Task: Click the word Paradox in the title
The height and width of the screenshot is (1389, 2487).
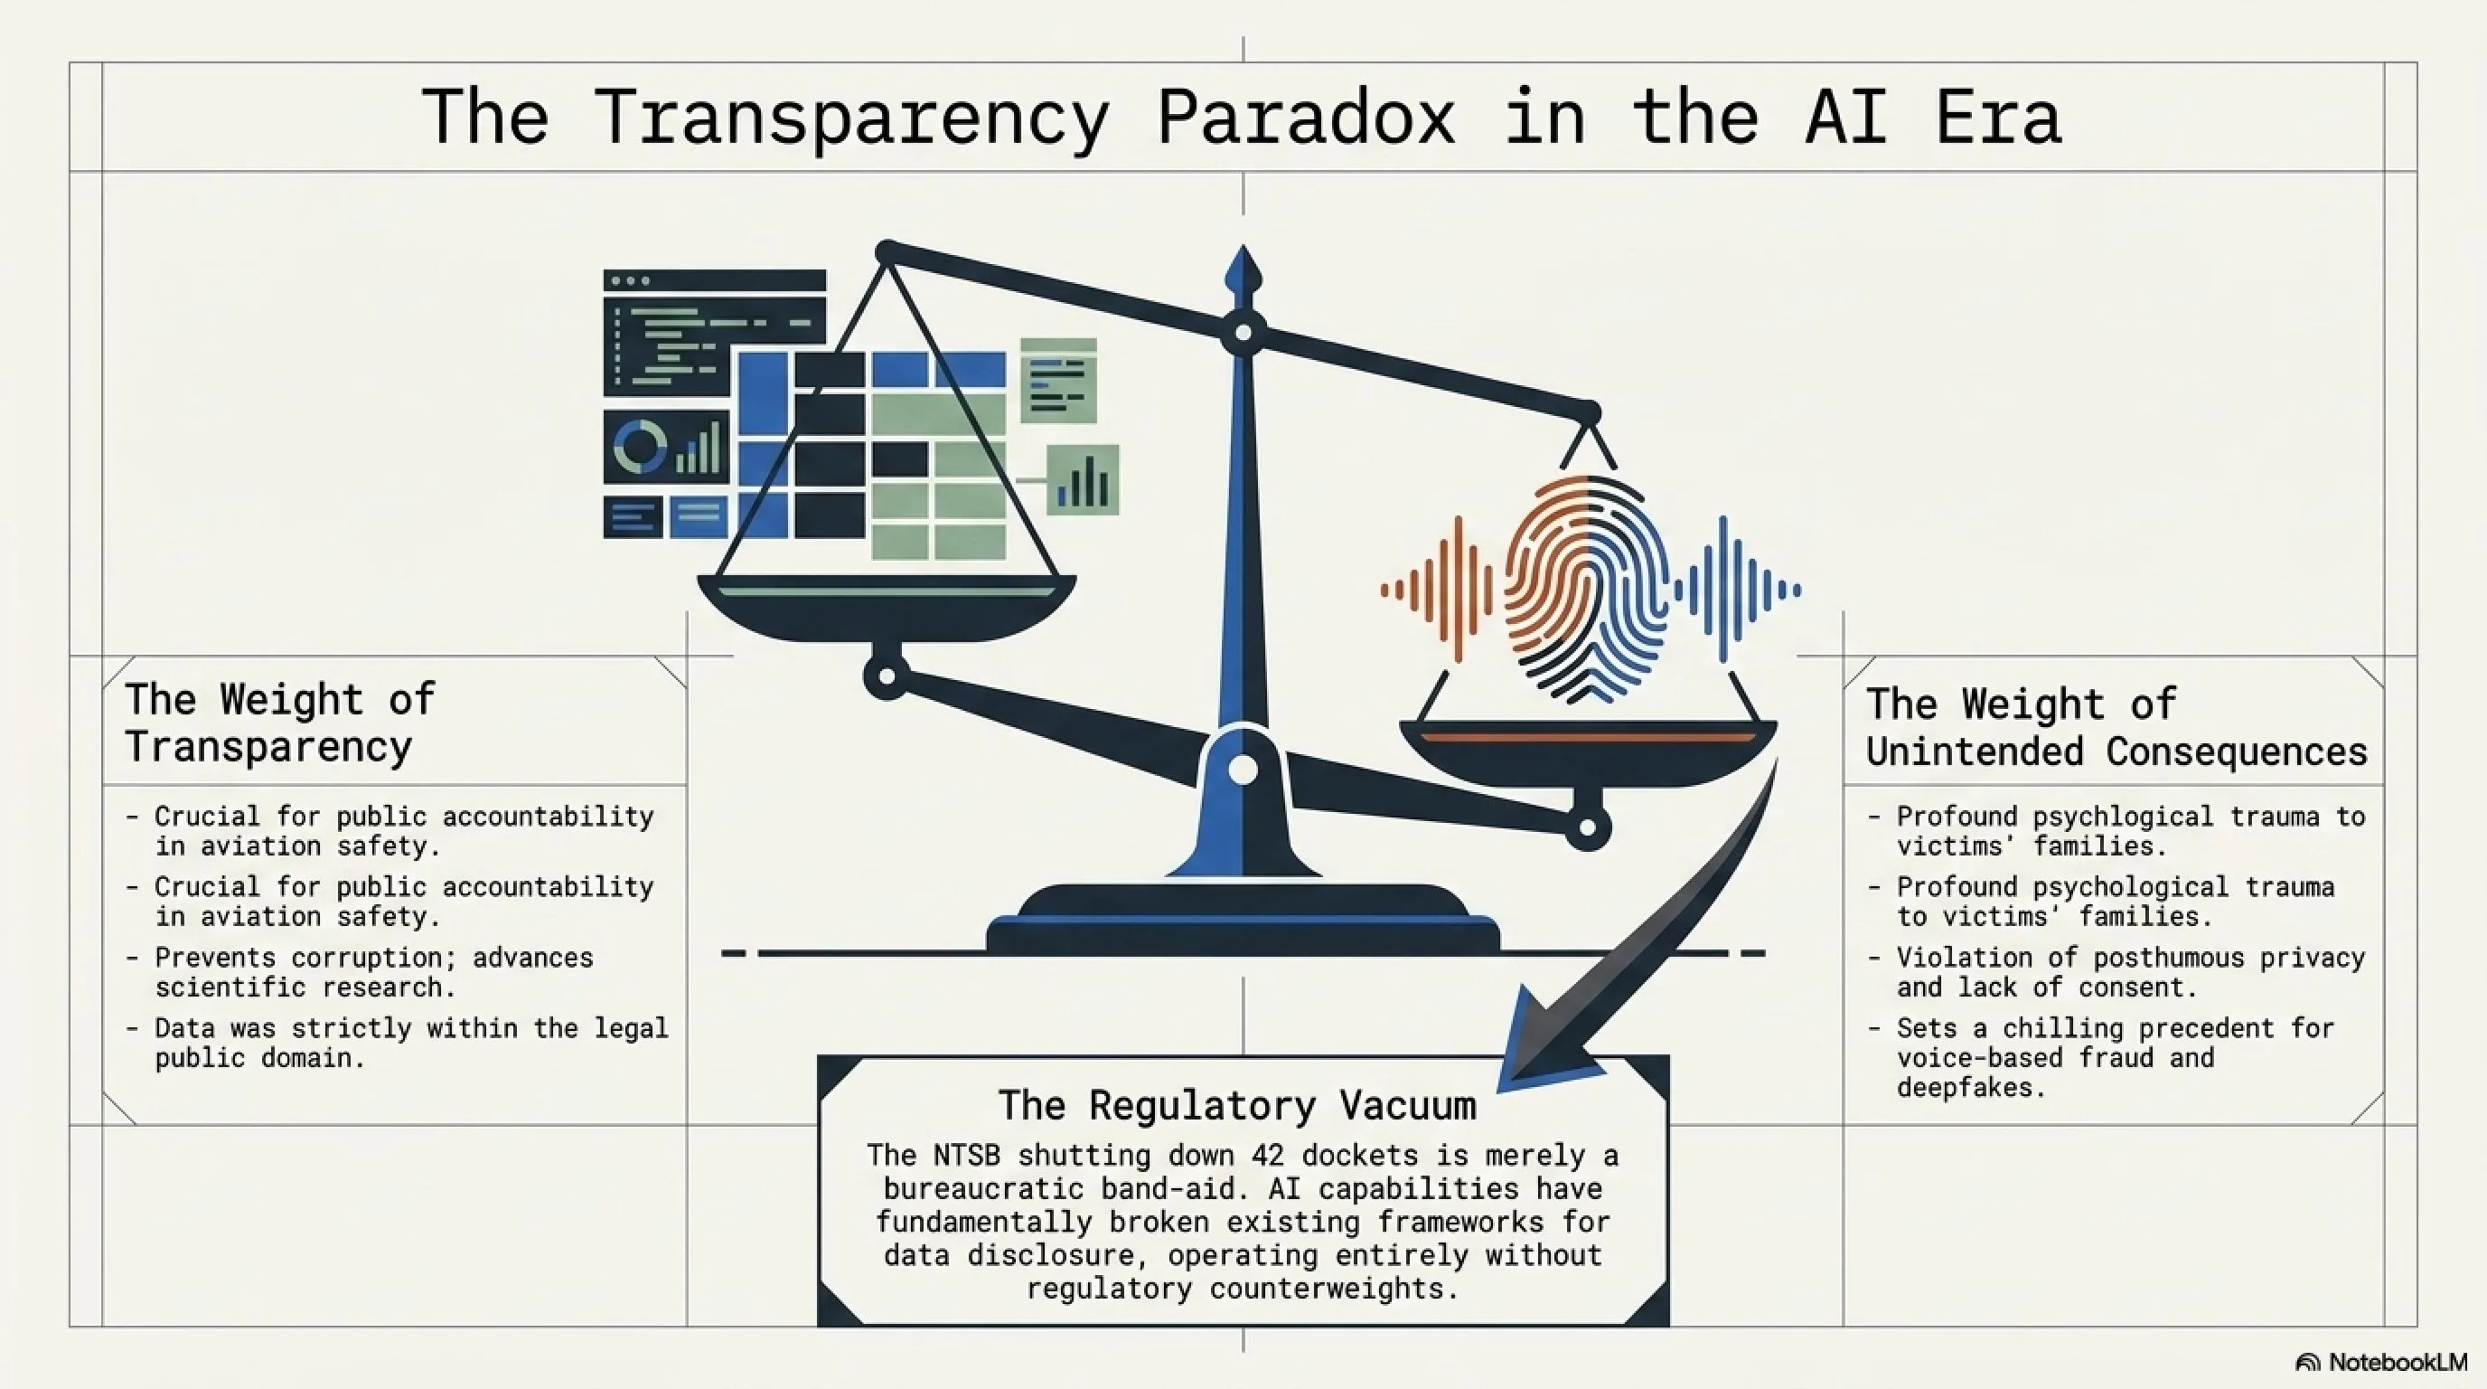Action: (1305, 118)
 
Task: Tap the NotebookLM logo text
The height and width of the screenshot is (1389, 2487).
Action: (2398, 1362)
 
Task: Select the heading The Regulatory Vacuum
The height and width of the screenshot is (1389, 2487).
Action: (1237, 1105)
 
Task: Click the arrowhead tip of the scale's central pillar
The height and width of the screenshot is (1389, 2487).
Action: (1243, 246)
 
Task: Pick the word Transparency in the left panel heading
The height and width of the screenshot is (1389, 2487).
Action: (268, 748)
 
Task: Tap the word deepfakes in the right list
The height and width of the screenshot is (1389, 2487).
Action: (1969, 1089)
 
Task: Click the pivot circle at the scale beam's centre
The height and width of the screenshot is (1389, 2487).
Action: (1243, 334)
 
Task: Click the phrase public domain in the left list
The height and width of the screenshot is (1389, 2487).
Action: (259, 1059)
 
